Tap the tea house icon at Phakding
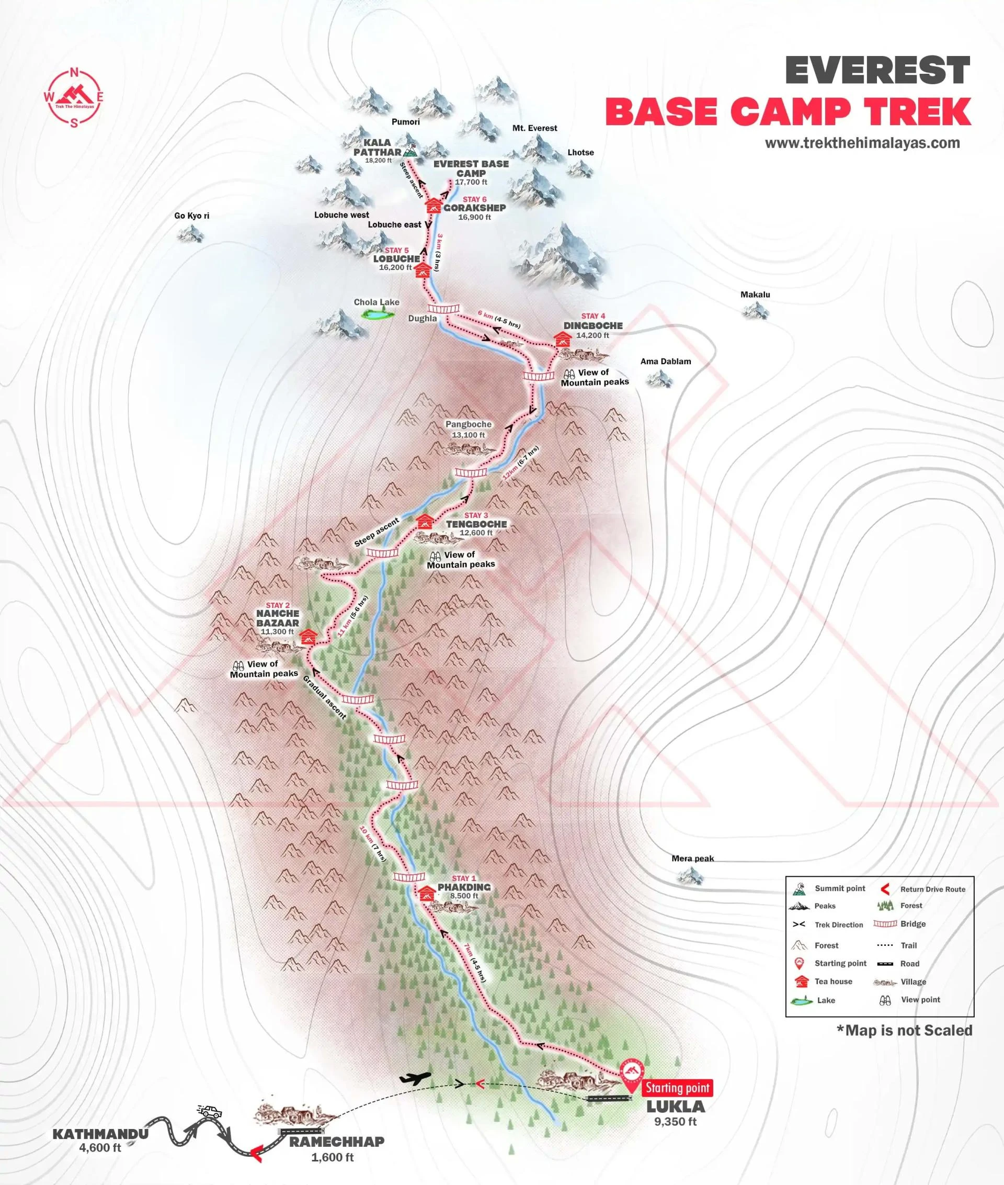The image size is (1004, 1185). [x=427, y=894]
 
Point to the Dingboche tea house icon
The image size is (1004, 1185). [x=562, y=340]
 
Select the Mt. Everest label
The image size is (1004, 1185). [x=534, y=128]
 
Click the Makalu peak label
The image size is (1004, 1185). [x=755, y=295]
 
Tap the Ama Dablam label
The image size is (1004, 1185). [x=665, y=361]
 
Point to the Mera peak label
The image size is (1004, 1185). [x=692, y=858]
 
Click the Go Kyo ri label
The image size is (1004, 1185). [x=192, y=216]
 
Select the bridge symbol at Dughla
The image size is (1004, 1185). [x=443, y=308]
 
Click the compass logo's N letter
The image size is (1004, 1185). [x=73, y=72]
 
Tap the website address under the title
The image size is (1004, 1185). [x=862, y=143]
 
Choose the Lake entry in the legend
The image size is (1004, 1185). [x=825, y=1000]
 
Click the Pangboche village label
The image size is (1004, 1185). [x=468, y=424]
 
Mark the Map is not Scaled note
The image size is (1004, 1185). [x=904, y=1030]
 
